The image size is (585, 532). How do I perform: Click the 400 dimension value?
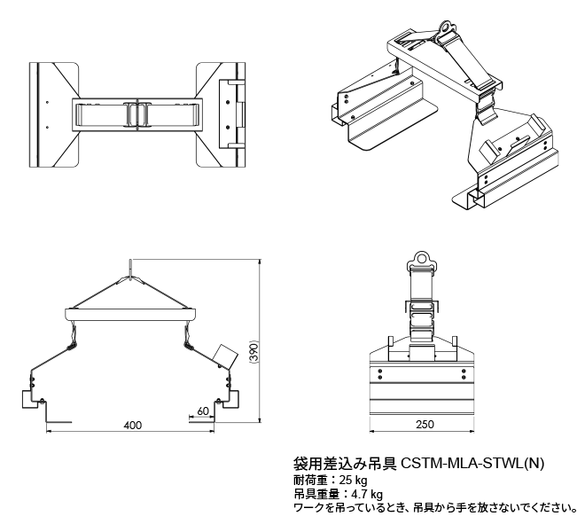132,426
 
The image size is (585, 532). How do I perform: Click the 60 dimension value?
203,411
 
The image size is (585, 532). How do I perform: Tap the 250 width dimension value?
424,425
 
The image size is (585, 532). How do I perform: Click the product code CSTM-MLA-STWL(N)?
473,463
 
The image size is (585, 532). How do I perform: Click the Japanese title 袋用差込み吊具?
346,463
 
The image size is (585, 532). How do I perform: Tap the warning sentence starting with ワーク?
434,508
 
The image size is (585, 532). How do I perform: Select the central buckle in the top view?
136,114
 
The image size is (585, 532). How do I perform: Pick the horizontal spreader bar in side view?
130,313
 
